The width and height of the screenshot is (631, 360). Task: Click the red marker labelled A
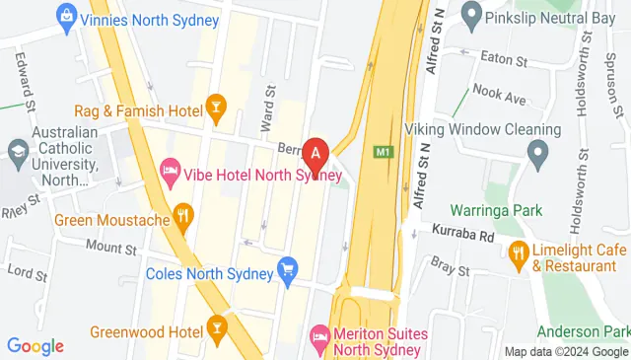[315, 154]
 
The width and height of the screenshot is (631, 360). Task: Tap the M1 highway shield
[384, 152]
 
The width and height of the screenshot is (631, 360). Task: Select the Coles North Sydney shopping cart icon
[288, 267]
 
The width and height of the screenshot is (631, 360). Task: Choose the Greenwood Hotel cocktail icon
[216, 324]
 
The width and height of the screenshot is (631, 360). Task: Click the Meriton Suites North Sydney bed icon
[319, 337]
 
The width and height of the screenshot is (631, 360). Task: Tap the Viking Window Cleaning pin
[537, 152]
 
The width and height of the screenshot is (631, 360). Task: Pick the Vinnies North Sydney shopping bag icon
[66, 16]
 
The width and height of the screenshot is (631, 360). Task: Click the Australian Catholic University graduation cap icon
[17, 149]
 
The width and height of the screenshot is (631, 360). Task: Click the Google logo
[35, 346]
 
